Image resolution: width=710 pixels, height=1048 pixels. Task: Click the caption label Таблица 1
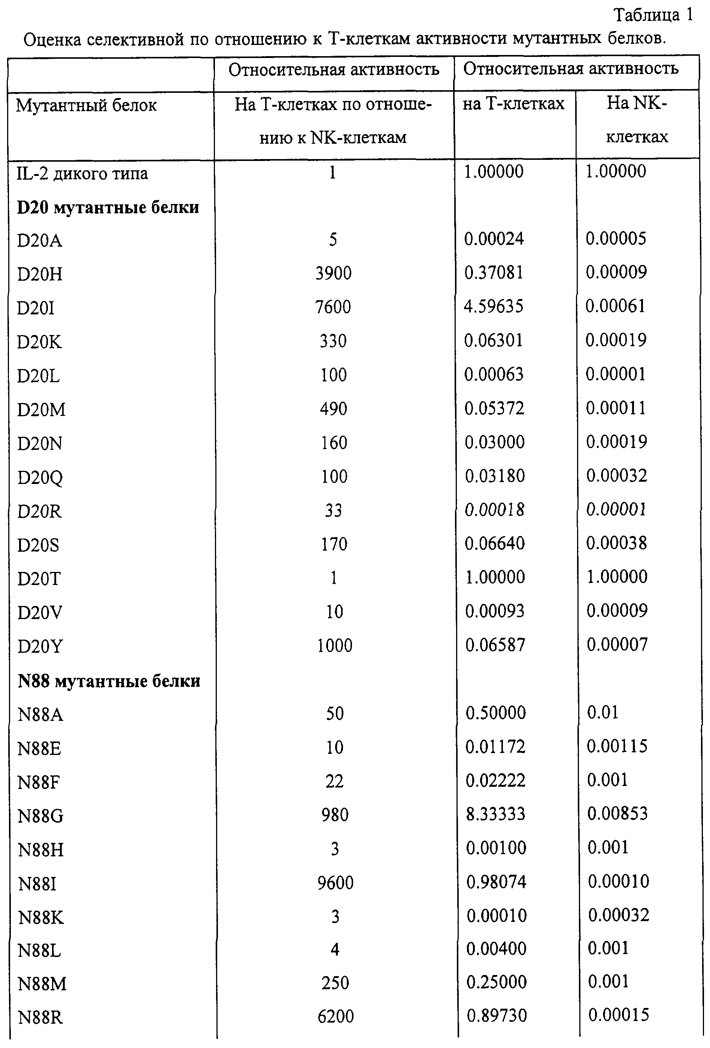click(x=653, y=15)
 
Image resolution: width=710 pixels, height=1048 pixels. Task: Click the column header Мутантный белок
click(x=86, y=106)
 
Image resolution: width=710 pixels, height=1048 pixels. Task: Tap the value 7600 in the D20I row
click(x=333, y=307)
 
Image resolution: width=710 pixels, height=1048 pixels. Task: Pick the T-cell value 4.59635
click(x=494, y=306)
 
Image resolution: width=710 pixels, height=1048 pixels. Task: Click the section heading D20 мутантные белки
click(x=108, y=207)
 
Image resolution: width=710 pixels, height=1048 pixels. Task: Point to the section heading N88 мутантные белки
click(x=109, y=680)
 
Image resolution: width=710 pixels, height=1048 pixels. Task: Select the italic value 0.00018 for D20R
click(x=495, y=509)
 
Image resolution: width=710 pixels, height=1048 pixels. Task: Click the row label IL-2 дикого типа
click(x=82, y=173)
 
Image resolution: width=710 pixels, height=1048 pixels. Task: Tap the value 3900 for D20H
click(x=333, y=273)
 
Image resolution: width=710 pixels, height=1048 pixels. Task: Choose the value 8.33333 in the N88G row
click(x=495, y=814)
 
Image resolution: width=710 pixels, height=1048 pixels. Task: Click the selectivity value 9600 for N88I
click(x=335, y=883)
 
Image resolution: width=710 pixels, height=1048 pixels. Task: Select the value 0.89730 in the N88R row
click(x=497, y=1015)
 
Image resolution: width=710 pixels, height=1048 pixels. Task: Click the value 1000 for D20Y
click(x=334, y=646)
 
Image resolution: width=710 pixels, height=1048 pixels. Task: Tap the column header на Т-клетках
click(x=513, y=104)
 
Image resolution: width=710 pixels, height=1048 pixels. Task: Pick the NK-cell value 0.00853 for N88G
click(x=617, y=813)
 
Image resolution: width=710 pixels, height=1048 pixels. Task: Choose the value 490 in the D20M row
click(x=333, y=409)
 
